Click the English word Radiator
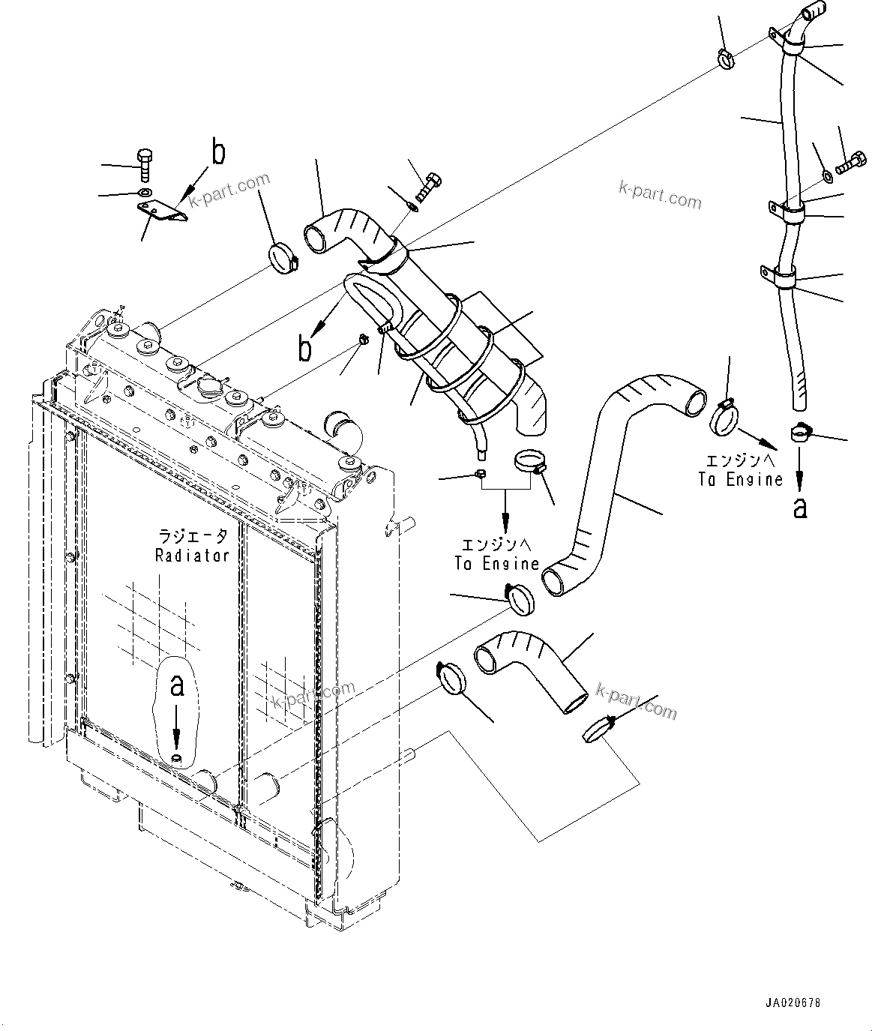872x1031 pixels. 191,555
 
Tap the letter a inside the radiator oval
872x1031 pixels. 177,685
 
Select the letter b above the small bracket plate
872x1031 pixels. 217,152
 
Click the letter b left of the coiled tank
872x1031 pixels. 305,349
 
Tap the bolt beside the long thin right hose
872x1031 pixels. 850,163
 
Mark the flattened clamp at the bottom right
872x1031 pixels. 600,727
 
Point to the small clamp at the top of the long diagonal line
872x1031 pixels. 724,58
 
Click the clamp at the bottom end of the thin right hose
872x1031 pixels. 802,433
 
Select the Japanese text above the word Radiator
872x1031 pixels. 192,536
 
